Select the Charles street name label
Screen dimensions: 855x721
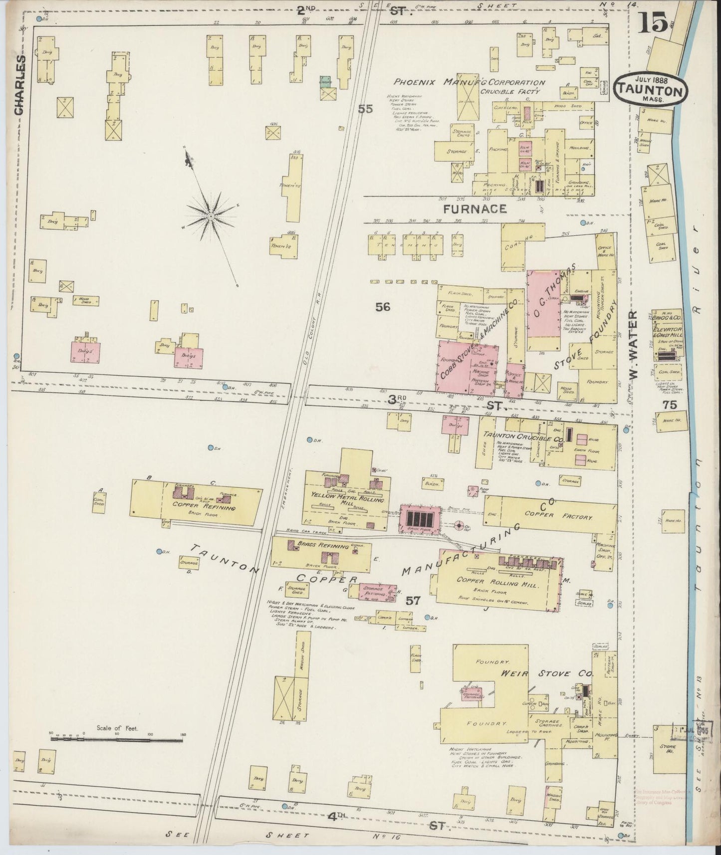[x=19, y=85]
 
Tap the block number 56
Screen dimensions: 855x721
[x=383, y=307]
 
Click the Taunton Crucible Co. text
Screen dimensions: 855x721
[x=523, y=436]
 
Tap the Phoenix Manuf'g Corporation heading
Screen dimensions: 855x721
[x=469, y=82]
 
